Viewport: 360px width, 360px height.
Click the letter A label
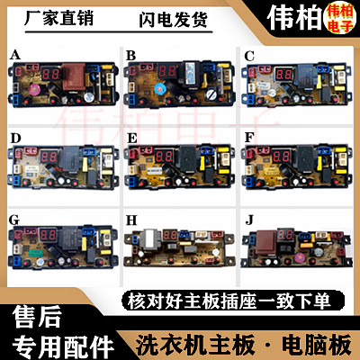coord(14,55)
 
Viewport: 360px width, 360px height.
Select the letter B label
coord(130,55)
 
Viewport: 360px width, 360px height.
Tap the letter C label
coord(249,55)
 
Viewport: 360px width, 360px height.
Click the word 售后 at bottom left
coord(34,315)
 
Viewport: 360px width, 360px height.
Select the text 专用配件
coord(56,344)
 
